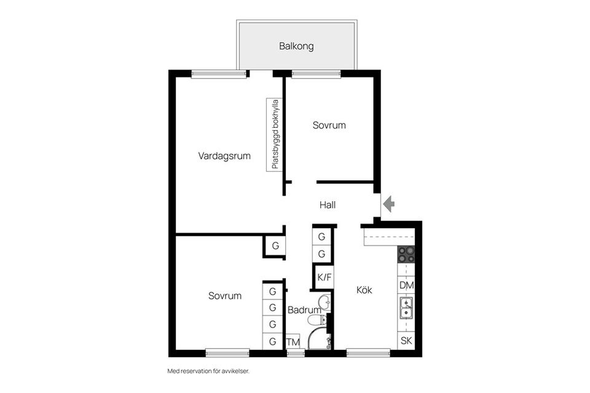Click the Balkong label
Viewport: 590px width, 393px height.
click(x=296, y=46)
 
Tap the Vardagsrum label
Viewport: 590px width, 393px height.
click(x=224, y=156)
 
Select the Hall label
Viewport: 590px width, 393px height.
click(x=328, y=205)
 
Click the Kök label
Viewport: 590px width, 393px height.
click(x=364, y=290)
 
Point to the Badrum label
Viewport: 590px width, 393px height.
click(x=304, y=311)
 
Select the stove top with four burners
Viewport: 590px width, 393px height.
click(x=406, y=254)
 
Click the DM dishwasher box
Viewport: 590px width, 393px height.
click(x=406, y=285)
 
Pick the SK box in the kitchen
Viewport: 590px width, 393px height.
click(x=406, y=341)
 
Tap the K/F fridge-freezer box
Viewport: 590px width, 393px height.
click(x=324, y=277)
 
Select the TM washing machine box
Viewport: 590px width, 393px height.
click(x=293, y=342)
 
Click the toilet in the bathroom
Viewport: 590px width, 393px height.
click(x=317, y=320)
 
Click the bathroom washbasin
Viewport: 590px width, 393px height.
click(x=324, y=301)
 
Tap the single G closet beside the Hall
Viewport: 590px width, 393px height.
click(x=275, y=246)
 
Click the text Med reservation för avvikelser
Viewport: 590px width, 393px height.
click(x=208, y=371)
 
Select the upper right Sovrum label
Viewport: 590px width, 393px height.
click(x=329, y=125)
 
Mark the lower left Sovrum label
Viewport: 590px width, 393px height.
click(x=224, y=296)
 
